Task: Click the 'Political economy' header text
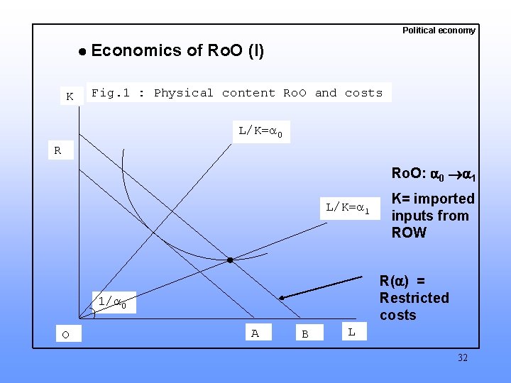point(439,30)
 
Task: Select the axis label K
point(70,96)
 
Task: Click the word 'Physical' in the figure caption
point(183,93)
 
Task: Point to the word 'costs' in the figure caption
point(363,93)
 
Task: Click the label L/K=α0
point(260,131)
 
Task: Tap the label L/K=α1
point(347,208)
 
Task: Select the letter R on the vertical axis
point(57,150)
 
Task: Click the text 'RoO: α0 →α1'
point(433,174)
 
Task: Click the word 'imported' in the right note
point(444,199)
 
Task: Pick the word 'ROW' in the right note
point(409,233)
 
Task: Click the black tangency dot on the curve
point(230,260)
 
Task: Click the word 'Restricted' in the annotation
point(414,298)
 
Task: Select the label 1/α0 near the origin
point(111,302)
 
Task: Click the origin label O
point(65,334)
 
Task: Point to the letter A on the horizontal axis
point(255,333)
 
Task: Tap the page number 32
point(463,357)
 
